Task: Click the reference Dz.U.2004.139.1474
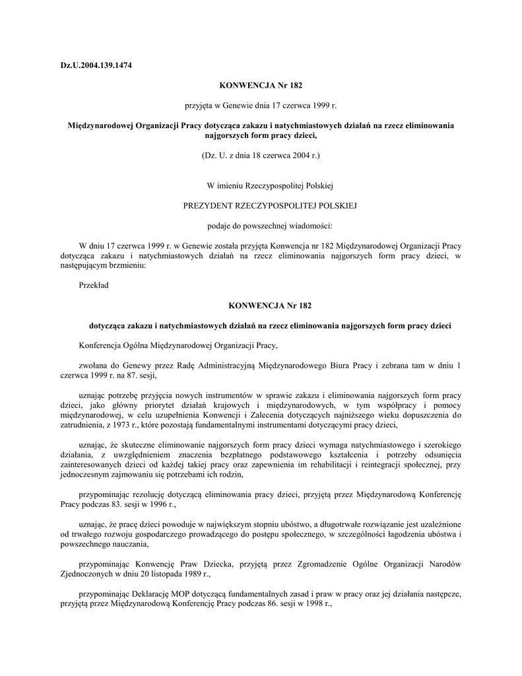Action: pyautogui.click(x=96, y=64)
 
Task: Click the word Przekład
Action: pyautogui.click(x=93, y=285)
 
